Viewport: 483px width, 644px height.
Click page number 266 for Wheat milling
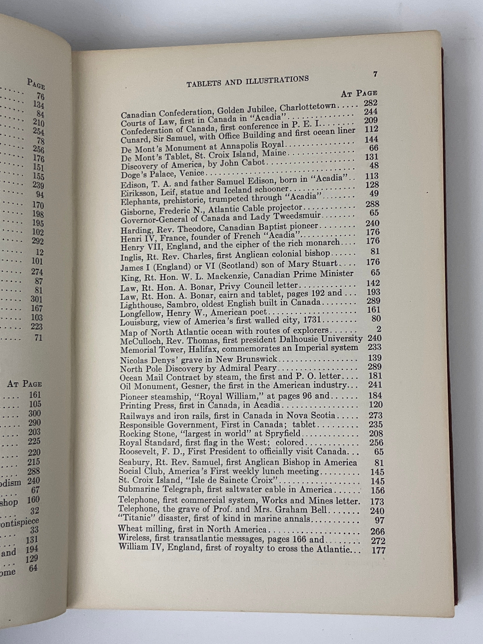(378, 531)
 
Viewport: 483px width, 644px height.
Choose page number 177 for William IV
(379, 550)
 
